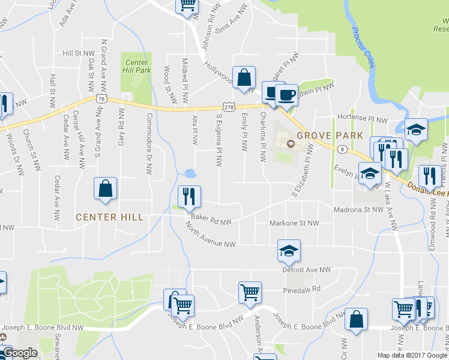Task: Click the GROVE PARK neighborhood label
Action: pos(331,135)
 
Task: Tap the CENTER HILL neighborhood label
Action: pos(110,217)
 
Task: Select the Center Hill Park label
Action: pos(136,66)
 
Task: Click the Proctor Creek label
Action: pos(364,47)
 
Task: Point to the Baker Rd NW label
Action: pos(211,221)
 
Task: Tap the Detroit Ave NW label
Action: pos(307,271)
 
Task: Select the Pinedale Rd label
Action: pos(302,289)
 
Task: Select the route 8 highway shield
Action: pos(341,149)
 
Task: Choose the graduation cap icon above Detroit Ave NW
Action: pos(289,251)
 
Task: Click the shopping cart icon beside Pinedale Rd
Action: pos(250,292)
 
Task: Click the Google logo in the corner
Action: pos(19,353)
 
